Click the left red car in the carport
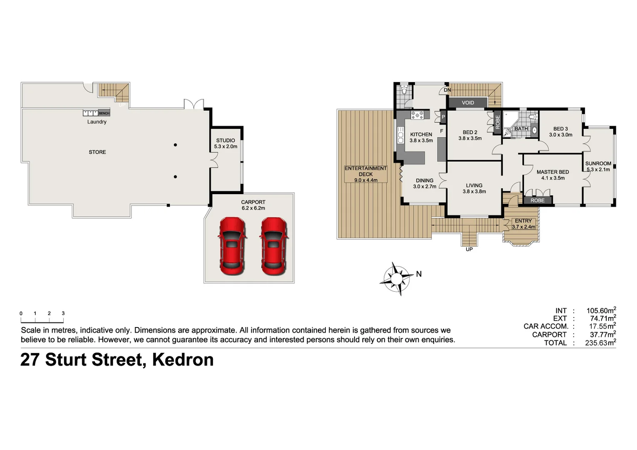point(232,246)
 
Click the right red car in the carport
point(274,246)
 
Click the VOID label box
point(467,102)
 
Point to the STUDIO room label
point(225,140)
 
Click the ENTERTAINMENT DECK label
point(366,171)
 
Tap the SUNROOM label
point(598,164)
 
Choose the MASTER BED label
point(552,172)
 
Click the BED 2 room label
point(470,132)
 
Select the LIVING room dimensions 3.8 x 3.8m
point(474,192)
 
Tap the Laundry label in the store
point(97,122)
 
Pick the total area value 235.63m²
point(600,343)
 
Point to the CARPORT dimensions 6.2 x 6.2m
point(253,208)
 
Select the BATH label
point(521,129)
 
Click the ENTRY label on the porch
point(523,221)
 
